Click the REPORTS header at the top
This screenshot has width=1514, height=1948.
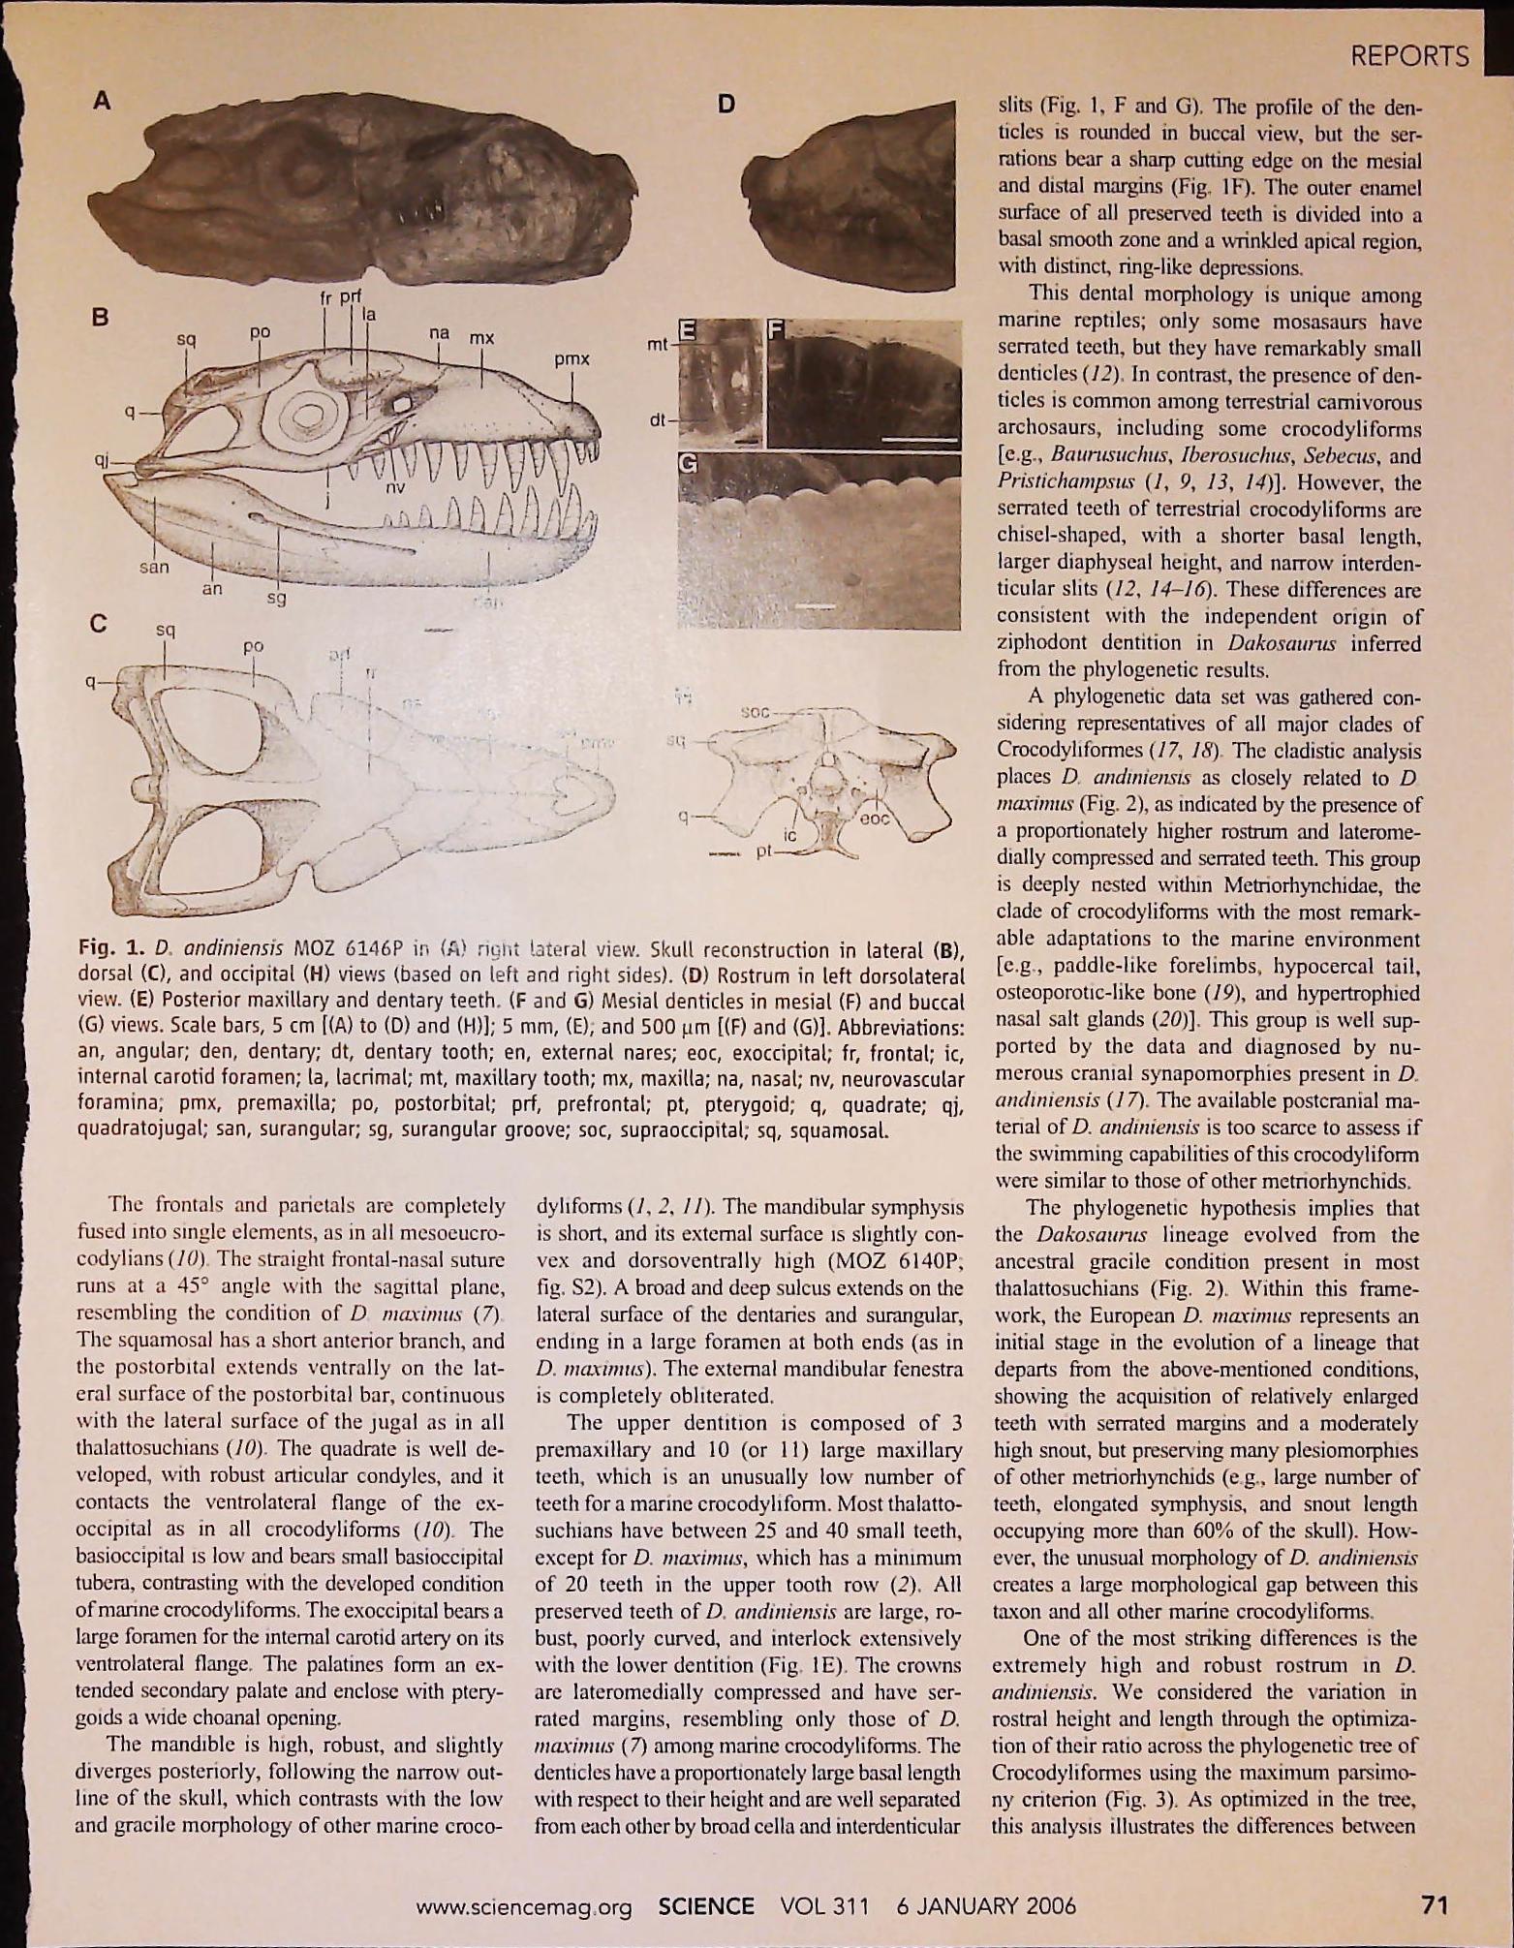click(x=1409, y=56)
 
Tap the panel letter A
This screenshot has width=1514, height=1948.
click(x=102, y=101)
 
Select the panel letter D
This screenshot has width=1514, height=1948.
click(x=726, y=106)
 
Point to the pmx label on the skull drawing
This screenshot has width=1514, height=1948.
click(x=572, y=359)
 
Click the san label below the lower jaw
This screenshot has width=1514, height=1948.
click(x=152, y=567)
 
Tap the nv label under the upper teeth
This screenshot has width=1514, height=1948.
click(x=395, y=488)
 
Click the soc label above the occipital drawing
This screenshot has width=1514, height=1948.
click(x=756, y=712)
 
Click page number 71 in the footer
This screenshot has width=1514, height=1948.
click(x=1433, y=1905)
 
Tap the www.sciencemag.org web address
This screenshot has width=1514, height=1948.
click(x=523, y=1907)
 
